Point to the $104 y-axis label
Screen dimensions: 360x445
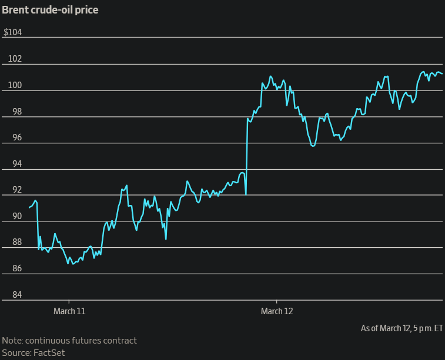coord(13,32)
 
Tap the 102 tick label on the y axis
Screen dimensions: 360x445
coord(14,59)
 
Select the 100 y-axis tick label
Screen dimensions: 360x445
coord(14,85)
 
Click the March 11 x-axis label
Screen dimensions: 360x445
coord(69,311)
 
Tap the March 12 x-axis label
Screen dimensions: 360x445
coord(276,311)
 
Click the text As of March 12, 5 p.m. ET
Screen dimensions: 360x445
coord(401,328)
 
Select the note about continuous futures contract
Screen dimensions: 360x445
coord(69,341)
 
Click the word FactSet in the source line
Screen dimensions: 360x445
coord(49,352)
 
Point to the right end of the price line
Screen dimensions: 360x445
coord(442,74)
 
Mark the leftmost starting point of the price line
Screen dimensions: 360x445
coord(29,207)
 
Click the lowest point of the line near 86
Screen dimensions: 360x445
coord(73,264)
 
